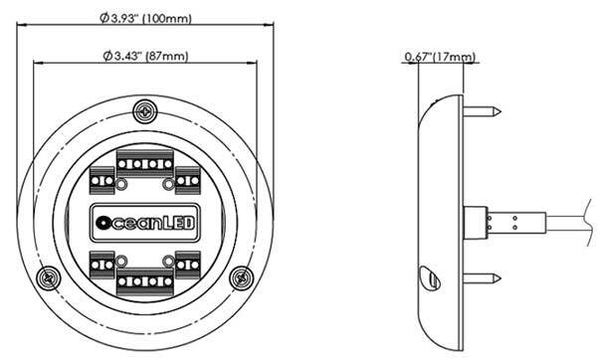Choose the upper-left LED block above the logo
pyautogui.click(x=102, y=181)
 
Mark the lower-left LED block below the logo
pyautogui.click(x=102, y=263)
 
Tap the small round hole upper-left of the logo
pyautogui.click(x=120, y=185)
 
